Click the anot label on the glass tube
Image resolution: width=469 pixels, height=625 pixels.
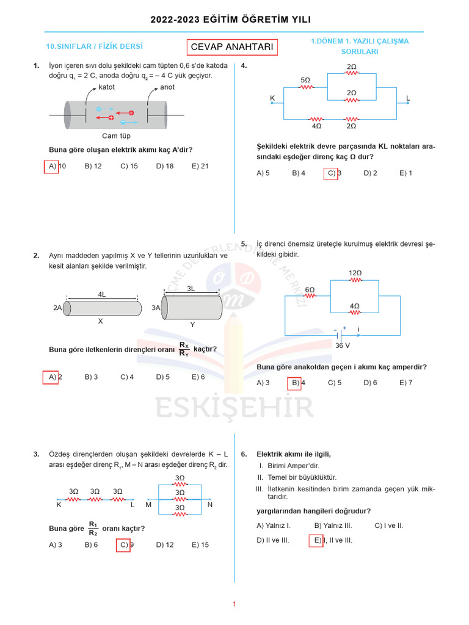167,87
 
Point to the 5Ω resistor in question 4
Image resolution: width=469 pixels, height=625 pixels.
305,87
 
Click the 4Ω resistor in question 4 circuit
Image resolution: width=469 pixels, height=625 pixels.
316,120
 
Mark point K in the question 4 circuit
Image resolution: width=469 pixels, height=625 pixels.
272,98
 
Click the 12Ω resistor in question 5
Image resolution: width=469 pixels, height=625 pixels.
355,280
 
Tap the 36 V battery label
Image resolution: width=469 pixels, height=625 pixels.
343,345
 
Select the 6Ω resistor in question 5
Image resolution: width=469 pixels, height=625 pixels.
310,295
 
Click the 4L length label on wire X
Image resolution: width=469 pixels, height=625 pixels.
102,294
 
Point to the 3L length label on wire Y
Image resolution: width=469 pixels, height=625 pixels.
191,288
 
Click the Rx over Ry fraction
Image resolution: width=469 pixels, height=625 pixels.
184,350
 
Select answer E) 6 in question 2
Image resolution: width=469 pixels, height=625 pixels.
198,377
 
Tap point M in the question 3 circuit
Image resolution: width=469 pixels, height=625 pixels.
148,505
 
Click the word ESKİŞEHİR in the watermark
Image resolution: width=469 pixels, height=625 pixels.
234,408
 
